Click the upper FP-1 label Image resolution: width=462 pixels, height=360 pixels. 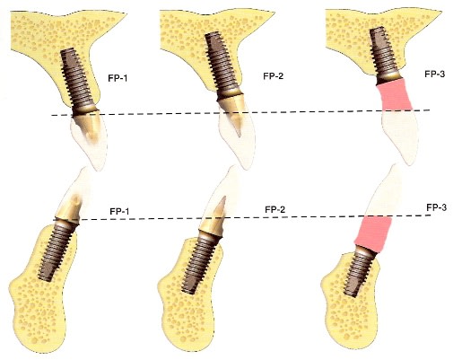click(x=118, y=78)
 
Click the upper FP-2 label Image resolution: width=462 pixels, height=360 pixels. click(x=273, y=76)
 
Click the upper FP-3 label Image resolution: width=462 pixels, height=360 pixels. click(x=434, y=74)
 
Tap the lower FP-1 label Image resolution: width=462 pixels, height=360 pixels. click(x=119, y=212)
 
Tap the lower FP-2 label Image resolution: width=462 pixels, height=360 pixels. click(x=275, y=209)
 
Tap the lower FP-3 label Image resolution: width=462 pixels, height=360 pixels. click(x=437, y=207)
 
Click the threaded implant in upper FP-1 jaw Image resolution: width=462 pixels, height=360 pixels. click(x=78, y=82)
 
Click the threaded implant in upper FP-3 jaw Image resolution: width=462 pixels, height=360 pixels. click(x=384, y=56)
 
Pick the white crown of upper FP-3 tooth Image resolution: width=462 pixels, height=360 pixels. click(x=400, y=136)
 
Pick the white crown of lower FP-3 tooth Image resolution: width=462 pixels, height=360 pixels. click(x=383, y=191)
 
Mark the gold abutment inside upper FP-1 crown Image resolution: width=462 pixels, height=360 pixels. click(x=88, y=125)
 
